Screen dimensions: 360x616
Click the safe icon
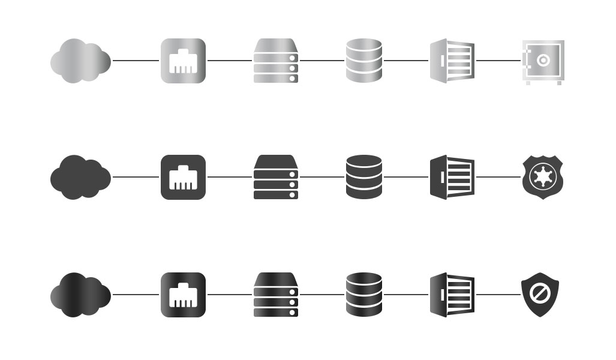point(543,62)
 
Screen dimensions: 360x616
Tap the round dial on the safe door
point(543,59)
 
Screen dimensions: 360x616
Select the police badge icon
point(543,177)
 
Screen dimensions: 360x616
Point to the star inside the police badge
point(543,177)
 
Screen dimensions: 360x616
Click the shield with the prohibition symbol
point(540,295)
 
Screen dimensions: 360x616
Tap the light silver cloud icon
point(80,61)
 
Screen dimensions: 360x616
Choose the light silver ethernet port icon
point(183,61)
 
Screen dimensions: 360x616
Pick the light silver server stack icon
point(276,61)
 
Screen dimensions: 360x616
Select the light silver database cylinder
point(364,61)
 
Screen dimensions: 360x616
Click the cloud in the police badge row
point(80,177)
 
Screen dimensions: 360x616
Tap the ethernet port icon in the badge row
point(183,177)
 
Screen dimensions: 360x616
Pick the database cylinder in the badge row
point(364,177)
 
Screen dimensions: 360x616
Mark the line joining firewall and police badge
point(498,177)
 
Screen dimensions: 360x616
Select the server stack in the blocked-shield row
point(276,295)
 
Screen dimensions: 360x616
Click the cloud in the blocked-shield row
point(80,295)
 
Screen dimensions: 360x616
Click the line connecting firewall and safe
point(498,61)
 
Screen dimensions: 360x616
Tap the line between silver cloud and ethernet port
point(136,61)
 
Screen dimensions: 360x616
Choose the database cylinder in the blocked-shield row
point(364,295)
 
